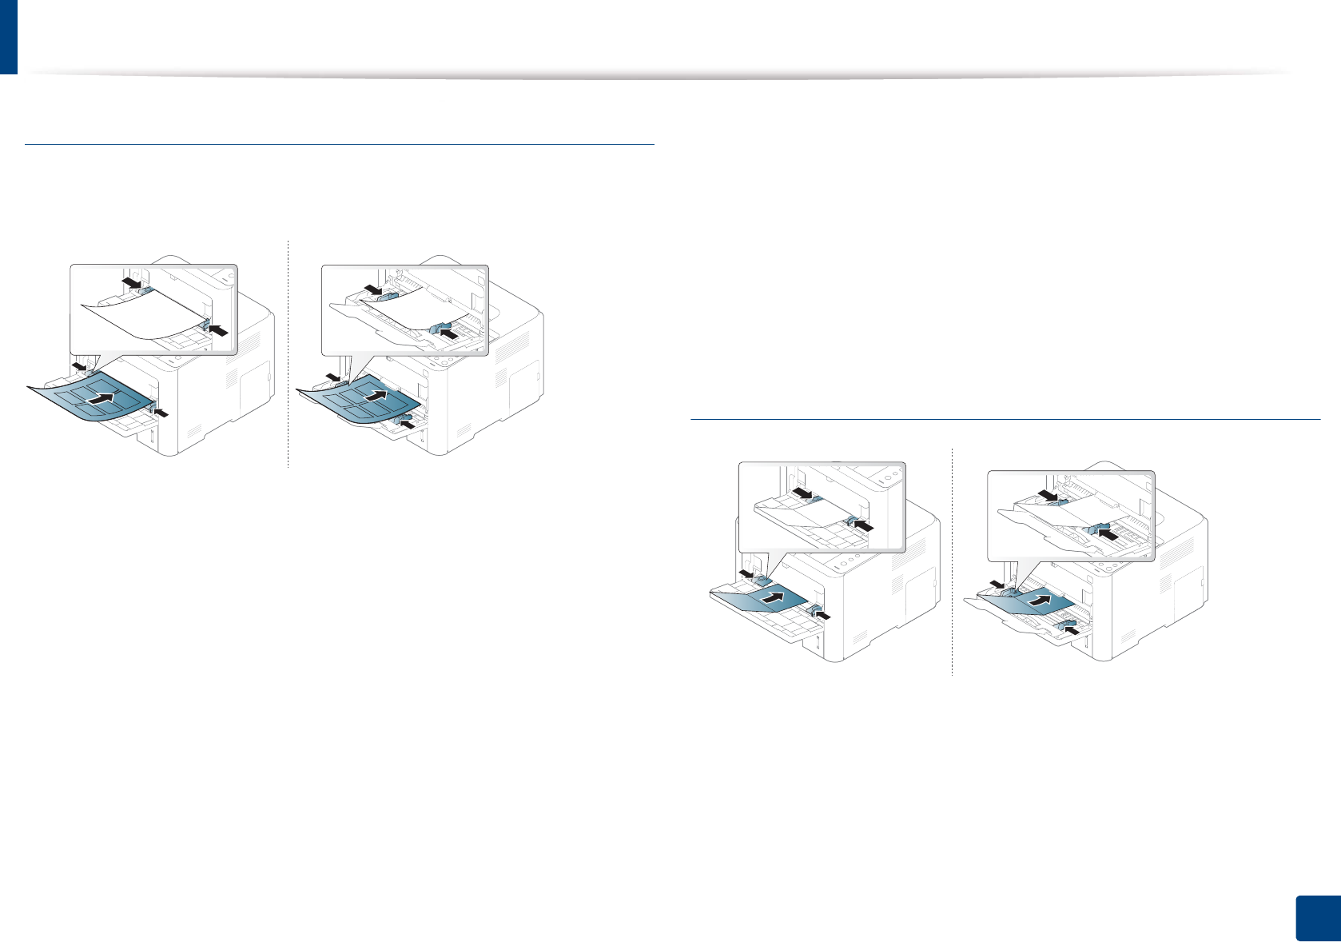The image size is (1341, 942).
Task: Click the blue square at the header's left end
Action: coord(8,36)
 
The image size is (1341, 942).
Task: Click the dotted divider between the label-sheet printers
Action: coord(288,352)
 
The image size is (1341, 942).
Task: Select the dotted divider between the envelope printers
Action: coord(953,560)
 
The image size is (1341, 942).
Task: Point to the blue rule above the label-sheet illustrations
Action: coord(340,144)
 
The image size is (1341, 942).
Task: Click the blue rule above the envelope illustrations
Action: coord(1005,418)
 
